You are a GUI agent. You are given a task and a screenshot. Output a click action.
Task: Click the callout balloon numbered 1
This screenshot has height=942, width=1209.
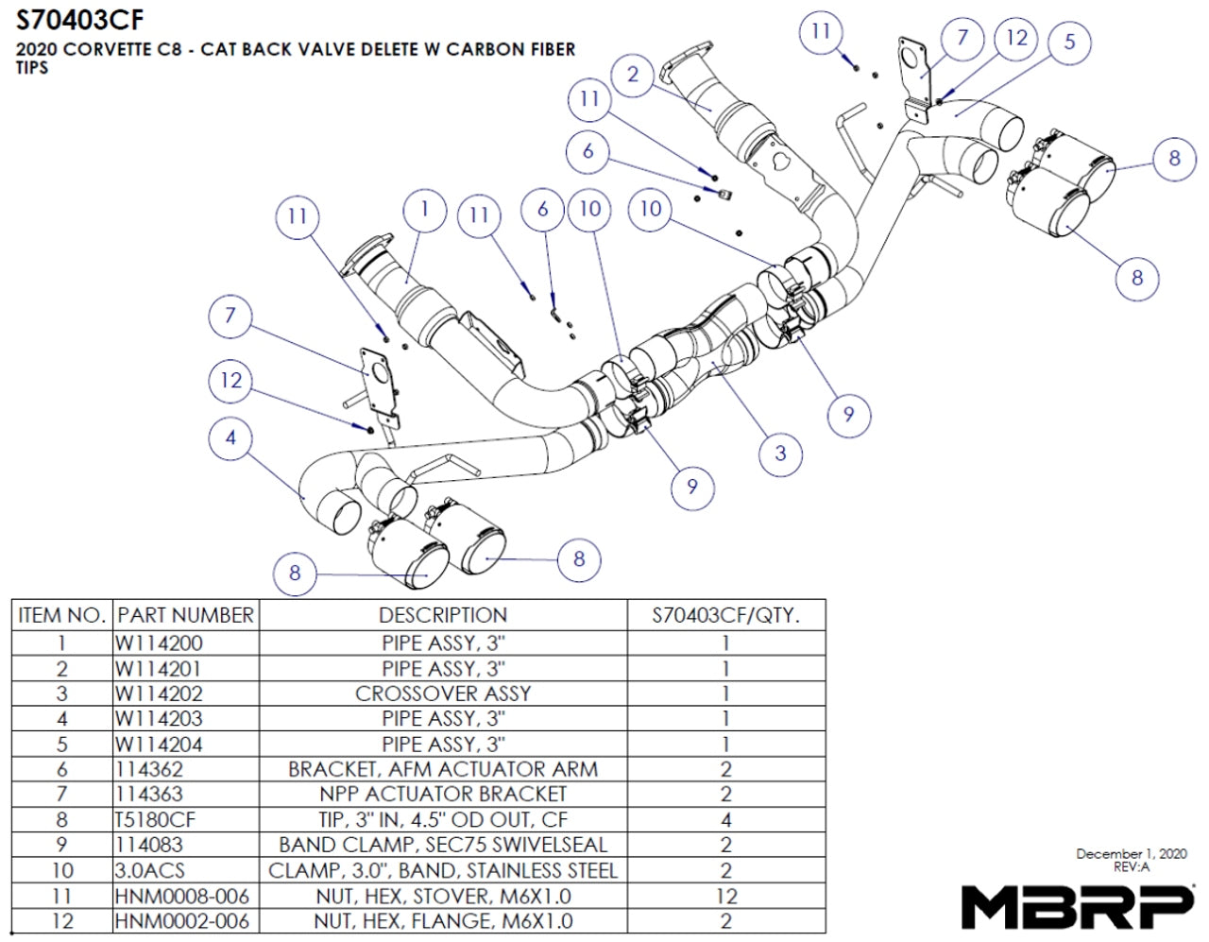(425, 209)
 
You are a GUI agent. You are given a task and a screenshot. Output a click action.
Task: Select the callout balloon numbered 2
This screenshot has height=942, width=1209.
(633, 75)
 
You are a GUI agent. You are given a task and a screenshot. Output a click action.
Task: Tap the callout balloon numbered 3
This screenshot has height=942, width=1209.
(780, 453)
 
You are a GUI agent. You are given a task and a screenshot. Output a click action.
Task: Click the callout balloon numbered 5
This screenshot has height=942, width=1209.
(1069, 42)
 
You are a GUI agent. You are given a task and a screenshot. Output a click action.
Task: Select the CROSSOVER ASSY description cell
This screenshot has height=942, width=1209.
(443, 694)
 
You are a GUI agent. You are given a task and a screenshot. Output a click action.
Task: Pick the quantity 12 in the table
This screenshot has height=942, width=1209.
(725, 896)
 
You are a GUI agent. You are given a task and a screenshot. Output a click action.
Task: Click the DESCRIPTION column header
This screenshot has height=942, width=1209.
(443, 615)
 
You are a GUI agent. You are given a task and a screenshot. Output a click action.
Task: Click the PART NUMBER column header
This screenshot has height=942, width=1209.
(185, 615)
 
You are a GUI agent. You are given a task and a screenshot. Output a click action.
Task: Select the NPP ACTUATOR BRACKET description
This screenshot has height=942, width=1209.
(443, 795)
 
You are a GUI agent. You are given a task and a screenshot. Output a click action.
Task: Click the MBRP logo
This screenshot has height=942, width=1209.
(1077, 906)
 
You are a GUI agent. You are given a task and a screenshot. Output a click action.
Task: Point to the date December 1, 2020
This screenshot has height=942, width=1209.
(1131, 854)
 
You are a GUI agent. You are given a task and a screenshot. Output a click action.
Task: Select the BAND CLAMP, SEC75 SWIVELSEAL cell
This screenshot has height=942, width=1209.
(443, 845)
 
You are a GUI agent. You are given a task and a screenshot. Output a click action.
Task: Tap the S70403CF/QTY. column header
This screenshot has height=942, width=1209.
(725, 615)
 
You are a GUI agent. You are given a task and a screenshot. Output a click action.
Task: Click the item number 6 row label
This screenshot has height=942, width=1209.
(61, 769)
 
